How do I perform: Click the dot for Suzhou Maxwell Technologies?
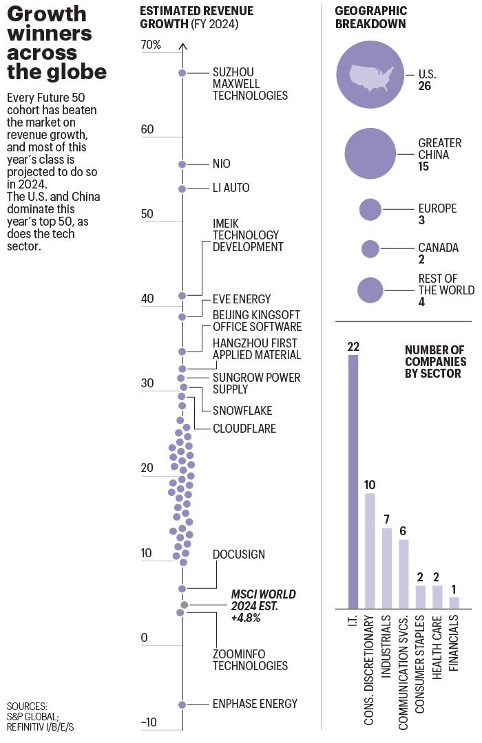tap(182, 73)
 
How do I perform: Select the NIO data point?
tap(182, 164)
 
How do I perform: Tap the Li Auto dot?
tap(182, 189)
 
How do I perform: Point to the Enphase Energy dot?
tap(182, 704)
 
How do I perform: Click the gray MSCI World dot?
tap(184, 605)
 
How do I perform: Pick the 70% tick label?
tap(150, 45)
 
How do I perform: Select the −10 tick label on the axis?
tap(149, 722)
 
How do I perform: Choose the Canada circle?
tap(370, 248)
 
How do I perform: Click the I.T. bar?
tap(354, 482)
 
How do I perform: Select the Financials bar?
tap(454, 603)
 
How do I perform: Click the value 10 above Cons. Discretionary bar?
tap(370, 485)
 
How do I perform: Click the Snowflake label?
tap(242, 411)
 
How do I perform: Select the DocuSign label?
tap(238, 554)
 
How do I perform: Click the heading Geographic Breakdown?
tap(370, 17)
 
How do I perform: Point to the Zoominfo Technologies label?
tap(249, 660)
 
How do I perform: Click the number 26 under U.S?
tap(426, 87)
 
